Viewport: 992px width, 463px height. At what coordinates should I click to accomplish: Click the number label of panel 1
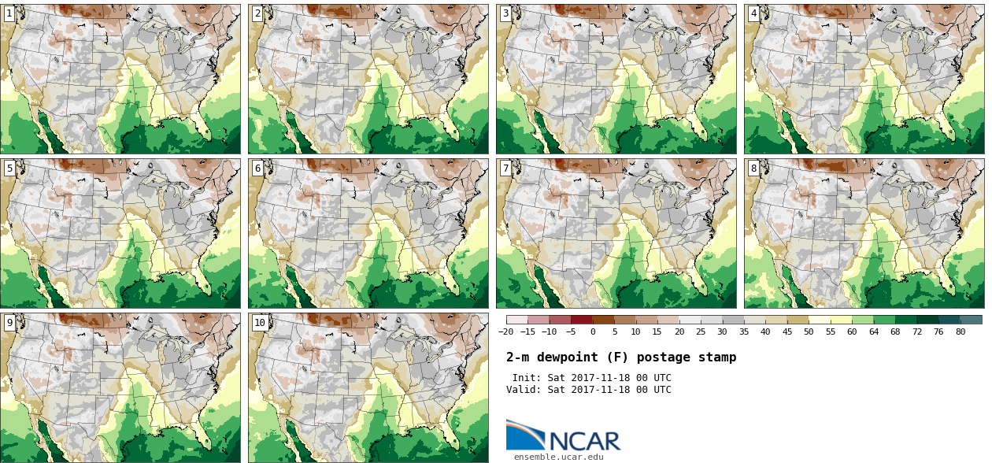[x=9, y=13]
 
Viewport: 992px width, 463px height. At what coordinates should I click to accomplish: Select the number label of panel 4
[x=753, y=13]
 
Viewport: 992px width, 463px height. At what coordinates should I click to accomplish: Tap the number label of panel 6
[x=257, y=169]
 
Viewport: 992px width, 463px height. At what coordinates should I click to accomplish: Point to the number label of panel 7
[x=505, y=169]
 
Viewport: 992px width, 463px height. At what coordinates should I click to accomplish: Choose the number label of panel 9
[x=9, y=323]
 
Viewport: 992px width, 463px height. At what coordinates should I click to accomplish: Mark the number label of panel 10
[x=259, y=323]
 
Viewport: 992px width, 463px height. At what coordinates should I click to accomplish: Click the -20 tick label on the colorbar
[x=506, y=332]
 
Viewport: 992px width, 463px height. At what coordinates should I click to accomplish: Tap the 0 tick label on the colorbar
[x=593, y=332]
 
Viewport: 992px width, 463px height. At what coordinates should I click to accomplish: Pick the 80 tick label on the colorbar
[x=961, y=332]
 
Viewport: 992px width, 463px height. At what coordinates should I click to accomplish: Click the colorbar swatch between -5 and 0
[x=582, y=320]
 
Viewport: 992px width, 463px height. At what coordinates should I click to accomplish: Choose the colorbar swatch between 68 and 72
[x=906, y=320]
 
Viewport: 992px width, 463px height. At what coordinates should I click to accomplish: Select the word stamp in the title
[x=717, y=357]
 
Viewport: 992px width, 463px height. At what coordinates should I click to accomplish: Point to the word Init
[x=526, y=378]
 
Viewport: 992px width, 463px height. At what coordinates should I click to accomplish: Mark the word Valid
[x=523, y=390]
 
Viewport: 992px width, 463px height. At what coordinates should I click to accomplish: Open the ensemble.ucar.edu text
[x=559, y=457]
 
